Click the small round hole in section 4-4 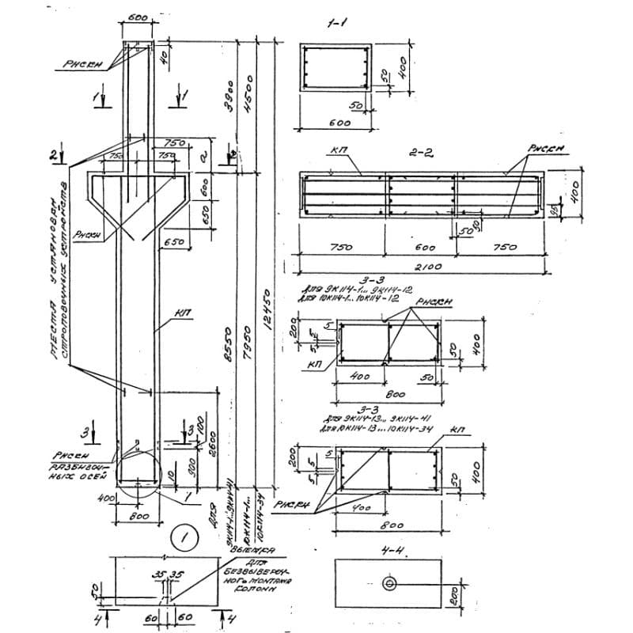click(x=389, y=583)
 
